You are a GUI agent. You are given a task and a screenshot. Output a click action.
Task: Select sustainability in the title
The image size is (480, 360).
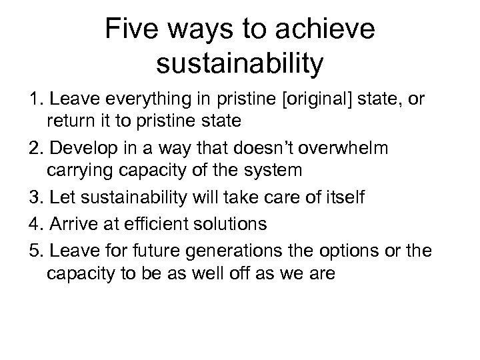[x=239, y=65]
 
